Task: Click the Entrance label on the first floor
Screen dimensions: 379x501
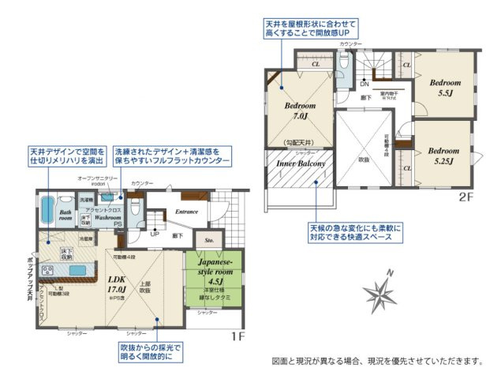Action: (x=186, y=212)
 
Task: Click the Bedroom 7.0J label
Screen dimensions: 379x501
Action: (x=301, y=111)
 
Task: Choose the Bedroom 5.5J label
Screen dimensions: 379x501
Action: (x=444, y=87)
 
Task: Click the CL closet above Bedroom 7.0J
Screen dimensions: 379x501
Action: (x=315, y=62)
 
